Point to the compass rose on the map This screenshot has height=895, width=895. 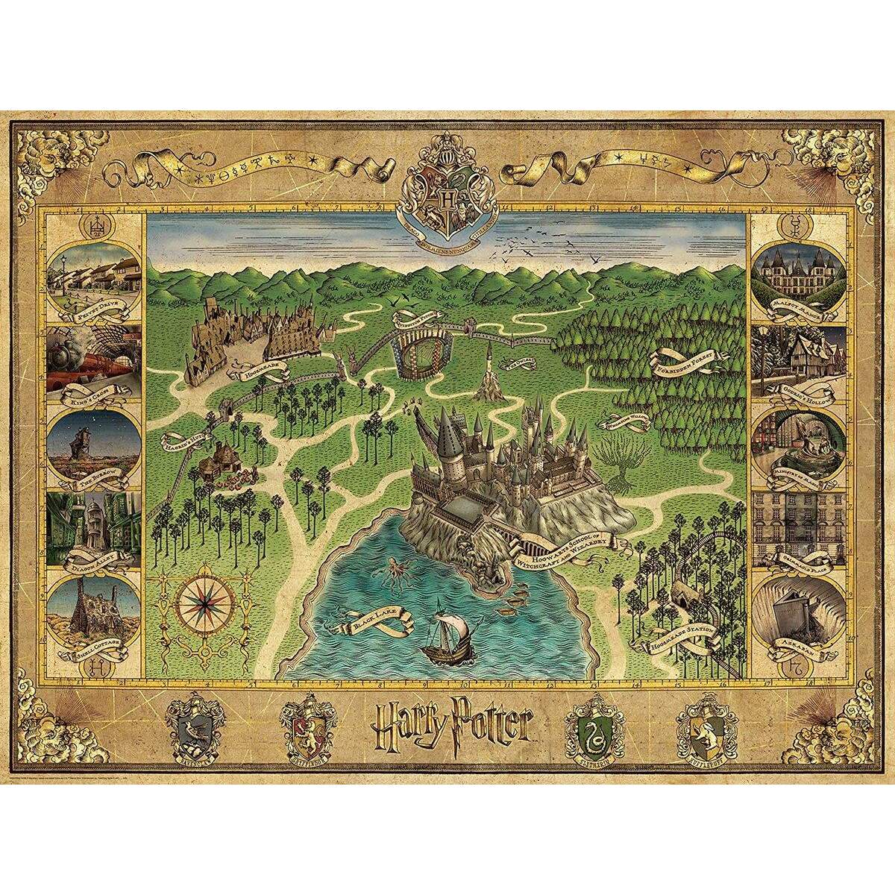tap(202, 603)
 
